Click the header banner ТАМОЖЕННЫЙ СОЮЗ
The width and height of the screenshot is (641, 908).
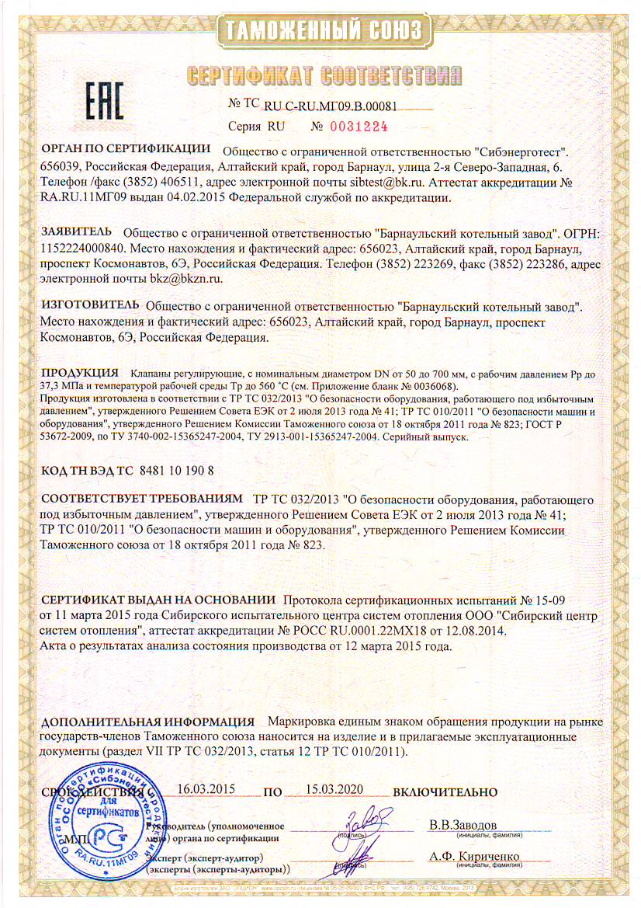pos(323,30)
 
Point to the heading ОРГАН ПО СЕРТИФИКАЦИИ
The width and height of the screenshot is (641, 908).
pos(126,148)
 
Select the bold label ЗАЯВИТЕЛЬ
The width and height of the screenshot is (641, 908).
pos(77,231)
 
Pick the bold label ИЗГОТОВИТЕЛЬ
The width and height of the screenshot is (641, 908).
pos(89,307)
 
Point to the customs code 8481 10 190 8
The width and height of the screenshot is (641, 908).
pos(175,471)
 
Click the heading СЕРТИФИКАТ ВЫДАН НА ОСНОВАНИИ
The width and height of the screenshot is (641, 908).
pos(159,600)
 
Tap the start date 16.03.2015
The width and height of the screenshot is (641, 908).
pos(206,787)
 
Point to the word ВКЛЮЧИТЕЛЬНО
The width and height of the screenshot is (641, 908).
pos(445,792)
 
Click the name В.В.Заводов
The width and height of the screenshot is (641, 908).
pos(463,823)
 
